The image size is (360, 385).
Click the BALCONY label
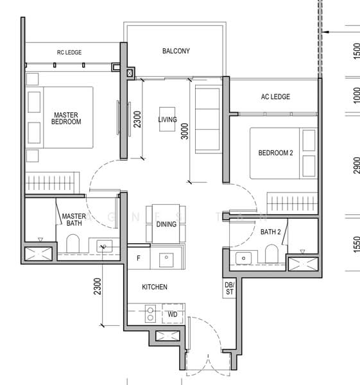click(176, 51)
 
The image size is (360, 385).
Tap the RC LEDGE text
click(69, 52)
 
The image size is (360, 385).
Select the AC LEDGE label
click(275, 97)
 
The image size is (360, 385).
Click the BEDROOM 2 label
click(275, 153)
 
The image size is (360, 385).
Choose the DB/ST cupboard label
click(230, 287)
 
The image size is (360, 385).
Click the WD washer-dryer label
click(173, 314)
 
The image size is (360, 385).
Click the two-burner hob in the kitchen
click(151, 314)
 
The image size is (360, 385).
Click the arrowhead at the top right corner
click(327, 30)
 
